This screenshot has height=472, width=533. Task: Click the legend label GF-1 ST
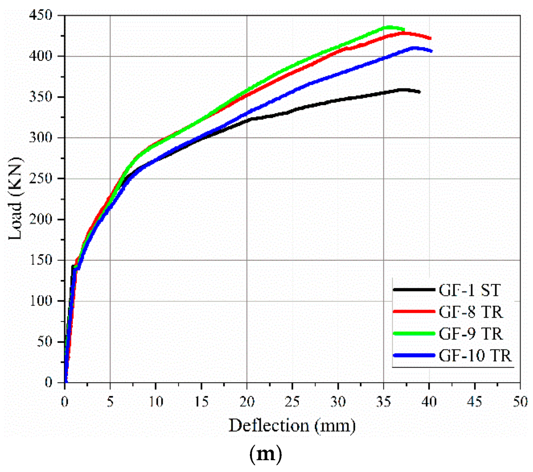click(469, 290)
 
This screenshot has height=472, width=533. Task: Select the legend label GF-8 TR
click(471, 312)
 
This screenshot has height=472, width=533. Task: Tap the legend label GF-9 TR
click(471, 334)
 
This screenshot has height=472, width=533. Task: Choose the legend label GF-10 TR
click(475, 356)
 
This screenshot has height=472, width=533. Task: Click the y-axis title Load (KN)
click(16, 199)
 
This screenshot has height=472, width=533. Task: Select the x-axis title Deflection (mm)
click(292, 426)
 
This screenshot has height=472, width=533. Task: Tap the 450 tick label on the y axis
click(41, 16)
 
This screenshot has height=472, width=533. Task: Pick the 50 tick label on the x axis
click(520, 402)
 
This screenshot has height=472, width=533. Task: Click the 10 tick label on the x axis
click(156, 402)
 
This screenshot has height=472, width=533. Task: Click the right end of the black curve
click(420, 92)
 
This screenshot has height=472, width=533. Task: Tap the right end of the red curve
click(430, 38)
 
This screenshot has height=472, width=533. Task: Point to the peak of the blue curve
click(415, 48)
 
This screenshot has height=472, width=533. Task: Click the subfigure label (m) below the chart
click(265, 455)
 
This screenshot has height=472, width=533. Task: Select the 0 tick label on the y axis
click(49, 383)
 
